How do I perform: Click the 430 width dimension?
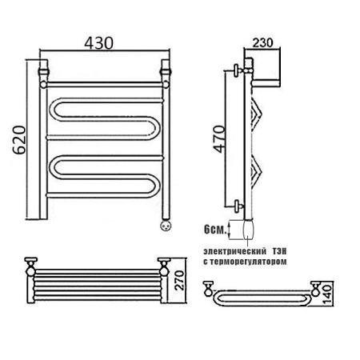point(98,43)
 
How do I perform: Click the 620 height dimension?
point(20,140)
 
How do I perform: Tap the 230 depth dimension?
point(263,42)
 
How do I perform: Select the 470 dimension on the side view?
point(220,139)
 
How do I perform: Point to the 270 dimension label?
point(180,280)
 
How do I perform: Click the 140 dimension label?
point(327,294)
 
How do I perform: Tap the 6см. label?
point(214,229)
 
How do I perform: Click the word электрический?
point(234,251)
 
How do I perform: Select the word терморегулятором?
point(249,262)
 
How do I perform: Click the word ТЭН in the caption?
point(279,251)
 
